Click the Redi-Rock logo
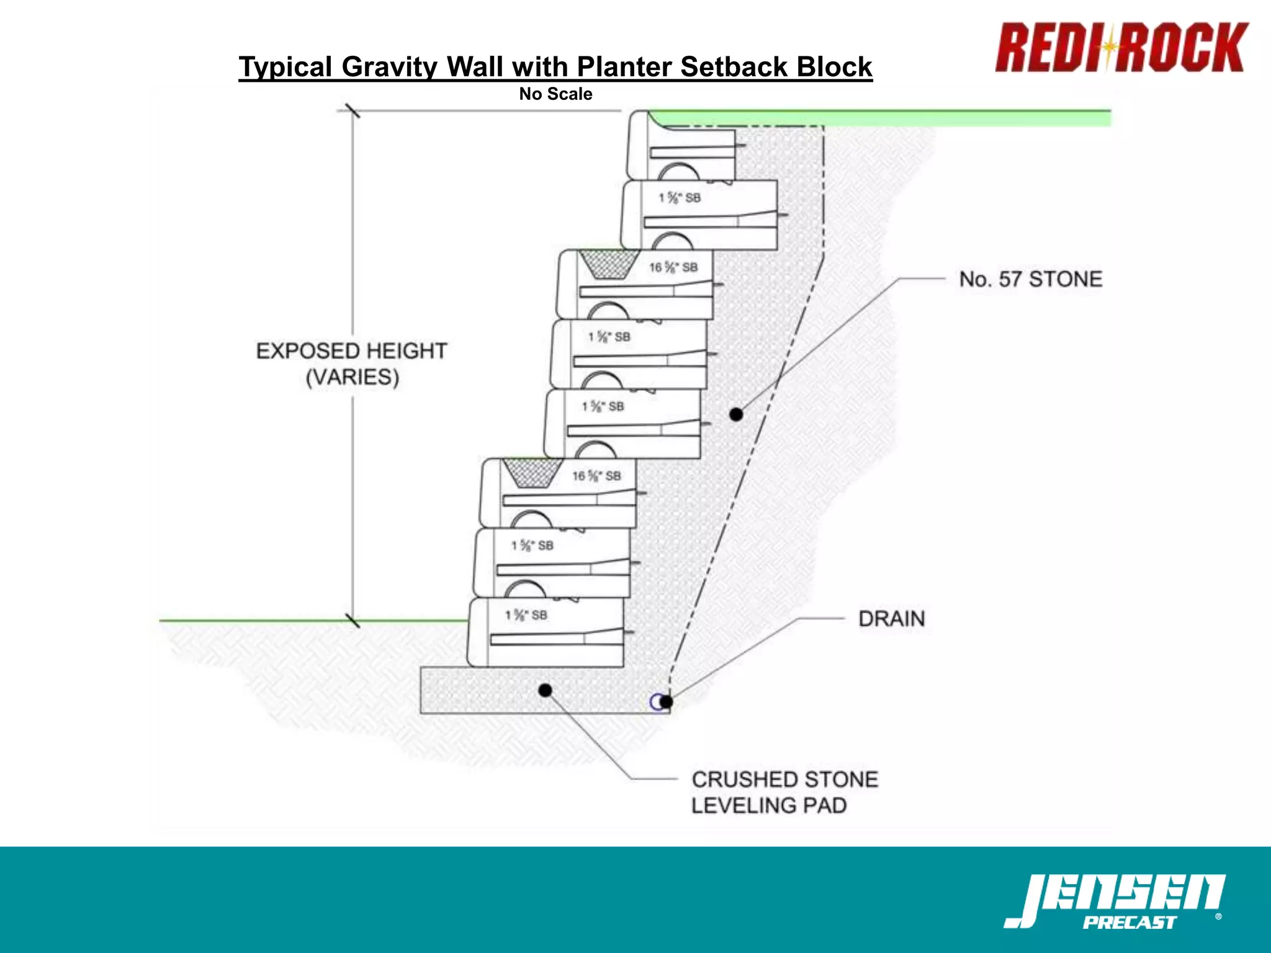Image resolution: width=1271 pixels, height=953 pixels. [x=1121, y=48]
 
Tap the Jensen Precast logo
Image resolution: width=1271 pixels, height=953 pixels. [x=1115, y=901]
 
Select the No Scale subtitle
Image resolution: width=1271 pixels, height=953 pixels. [x=555, y=94]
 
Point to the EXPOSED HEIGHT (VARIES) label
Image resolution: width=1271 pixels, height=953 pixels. [x=352, y=364]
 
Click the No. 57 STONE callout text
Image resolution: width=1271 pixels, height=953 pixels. [x=1030, y=279]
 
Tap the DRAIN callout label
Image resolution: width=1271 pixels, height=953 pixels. [x=891, y=619]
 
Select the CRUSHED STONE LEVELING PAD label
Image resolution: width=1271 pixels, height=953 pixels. [x=784, y=792]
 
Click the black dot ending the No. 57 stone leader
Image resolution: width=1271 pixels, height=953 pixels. [x=736, y=414]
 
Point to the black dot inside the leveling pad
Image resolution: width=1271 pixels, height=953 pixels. [x=545, y=690]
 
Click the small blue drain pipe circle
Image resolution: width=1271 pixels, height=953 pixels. [x=656, y=702]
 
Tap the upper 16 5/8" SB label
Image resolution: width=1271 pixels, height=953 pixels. [x=673, y=267]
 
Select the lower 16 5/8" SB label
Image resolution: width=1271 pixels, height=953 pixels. [x=596, y=476]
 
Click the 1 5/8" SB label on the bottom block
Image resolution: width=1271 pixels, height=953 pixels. [x=526, y=615]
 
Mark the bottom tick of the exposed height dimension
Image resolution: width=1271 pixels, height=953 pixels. [x=353, y=620]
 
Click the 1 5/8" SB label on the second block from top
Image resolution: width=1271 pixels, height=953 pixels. [x=680, y=198]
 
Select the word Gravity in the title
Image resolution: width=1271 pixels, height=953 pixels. [x=389, y=67]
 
